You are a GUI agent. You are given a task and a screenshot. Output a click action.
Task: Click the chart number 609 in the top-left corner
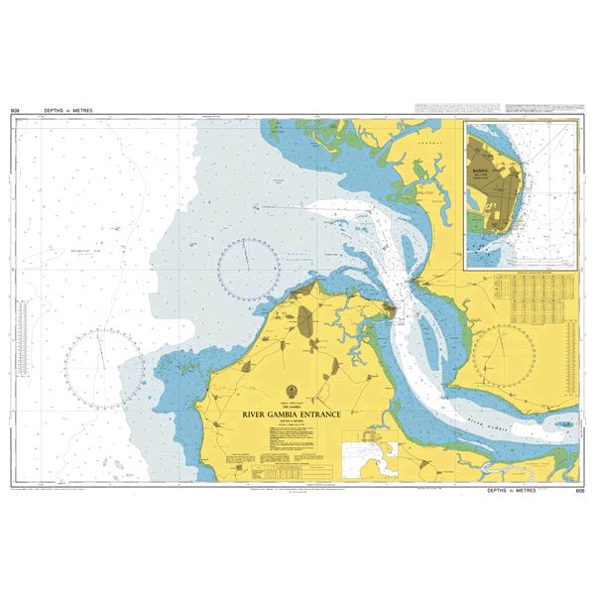click(x=15, y=110)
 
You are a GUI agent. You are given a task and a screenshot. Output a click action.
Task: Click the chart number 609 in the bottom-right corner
click(x=580, y=491)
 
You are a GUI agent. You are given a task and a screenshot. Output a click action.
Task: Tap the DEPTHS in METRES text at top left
click(x=67, y=110)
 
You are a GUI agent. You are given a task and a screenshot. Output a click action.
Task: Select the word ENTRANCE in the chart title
click(x=316, y=417)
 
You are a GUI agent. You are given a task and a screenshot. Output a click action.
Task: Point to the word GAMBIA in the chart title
click(x=283, y=417)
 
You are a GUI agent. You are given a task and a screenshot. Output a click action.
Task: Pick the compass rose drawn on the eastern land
click(x=505, y=354)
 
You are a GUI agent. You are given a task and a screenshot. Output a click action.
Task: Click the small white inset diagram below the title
click(x=368, y=458)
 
